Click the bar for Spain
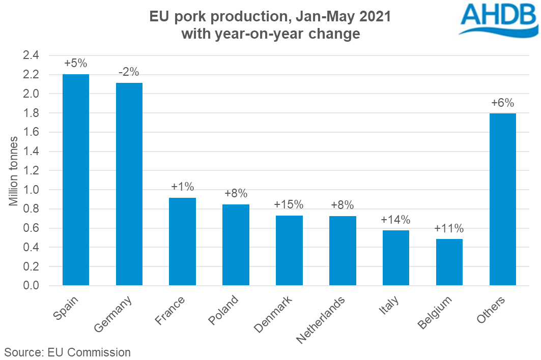(76, 180)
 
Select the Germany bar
(129, 184)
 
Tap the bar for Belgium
(449, 262)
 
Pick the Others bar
(503, 199)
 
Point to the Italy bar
(396, 258)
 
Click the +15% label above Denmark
(289, 204)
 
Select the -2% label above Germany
(129, 72)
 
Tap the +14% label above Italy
(395, 220)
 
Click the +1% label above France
(182, 187)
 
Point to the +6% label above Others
(503, 103)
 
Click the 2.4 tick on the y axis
(34, 55)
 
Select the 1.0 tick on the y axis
(34, 190)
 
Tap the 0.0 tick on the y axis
(34, 286)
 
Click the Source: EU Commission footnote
(68, 352)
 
